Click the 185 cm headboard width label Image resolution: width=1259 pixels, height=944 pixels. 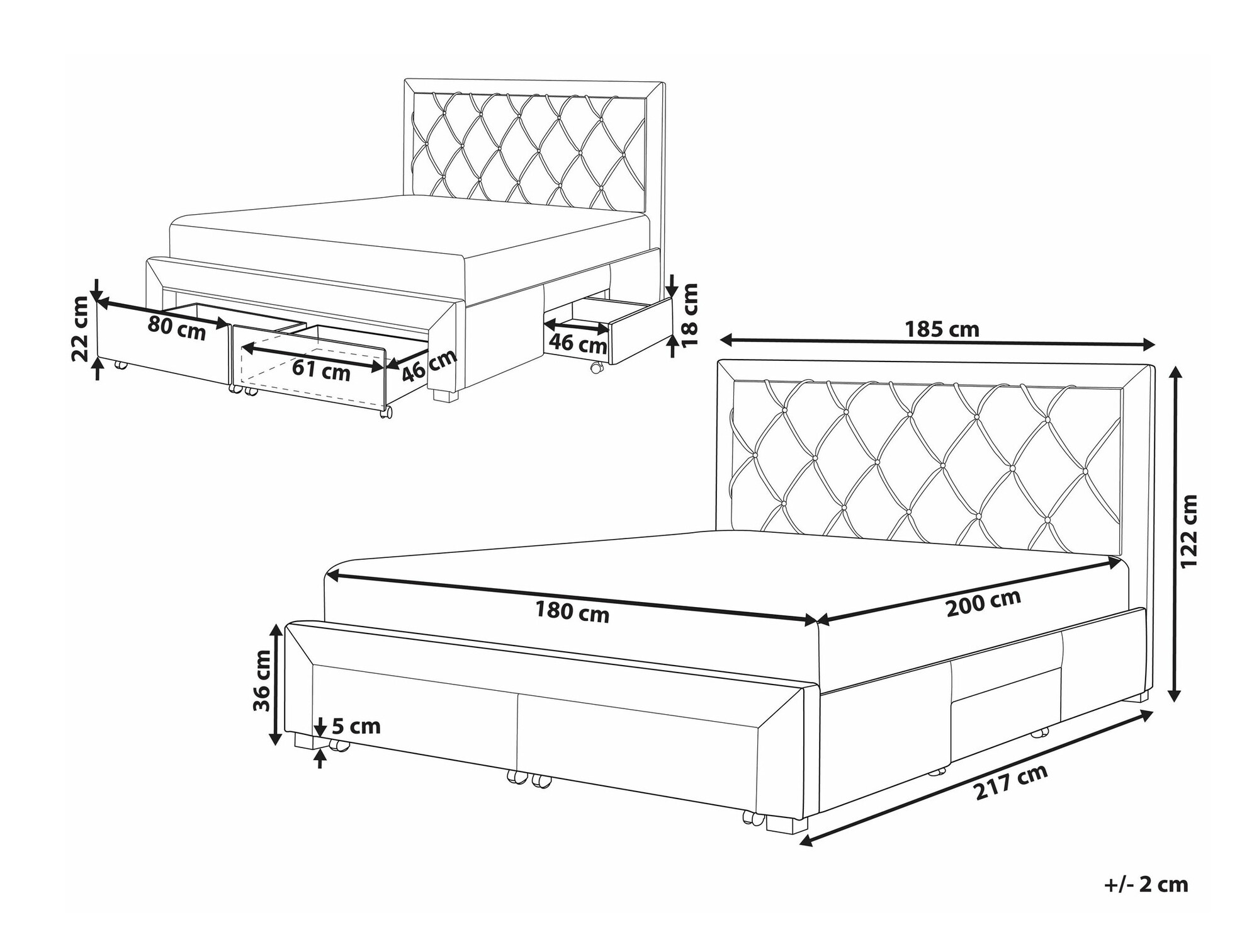tap(942, 329)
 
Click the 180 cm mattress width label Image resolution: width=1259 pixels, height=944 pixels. tap(572, 611)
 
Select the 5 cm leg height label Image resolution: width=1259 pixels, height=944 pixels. tap(356, 726)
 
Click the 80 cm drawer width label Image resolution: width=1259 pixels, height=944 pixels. tap(177, 329)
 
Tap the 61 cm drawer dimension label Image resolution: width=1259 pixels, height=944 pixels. tap(321, 370)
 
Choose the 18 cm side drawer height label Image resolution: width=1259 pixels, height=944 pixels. tap(691, 314)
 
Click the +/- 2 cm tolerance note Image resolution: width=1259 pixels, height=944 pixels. tap(1146, 885)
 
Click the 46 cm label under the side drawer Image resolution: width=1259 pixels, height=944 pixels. tap(578, 344)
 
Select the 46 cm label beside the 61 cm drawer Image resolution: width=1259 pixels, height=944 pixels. tap(429, 365)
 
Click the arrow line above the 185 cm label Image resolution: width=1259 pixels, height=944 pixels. tap(937, 343)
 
